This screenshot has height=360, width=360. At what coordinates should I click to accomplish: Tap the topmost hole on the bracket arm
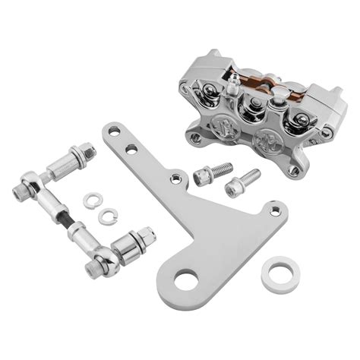[115, 132]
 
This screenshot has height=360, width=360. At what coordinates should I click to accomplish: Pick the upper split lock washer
[92, 201]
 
